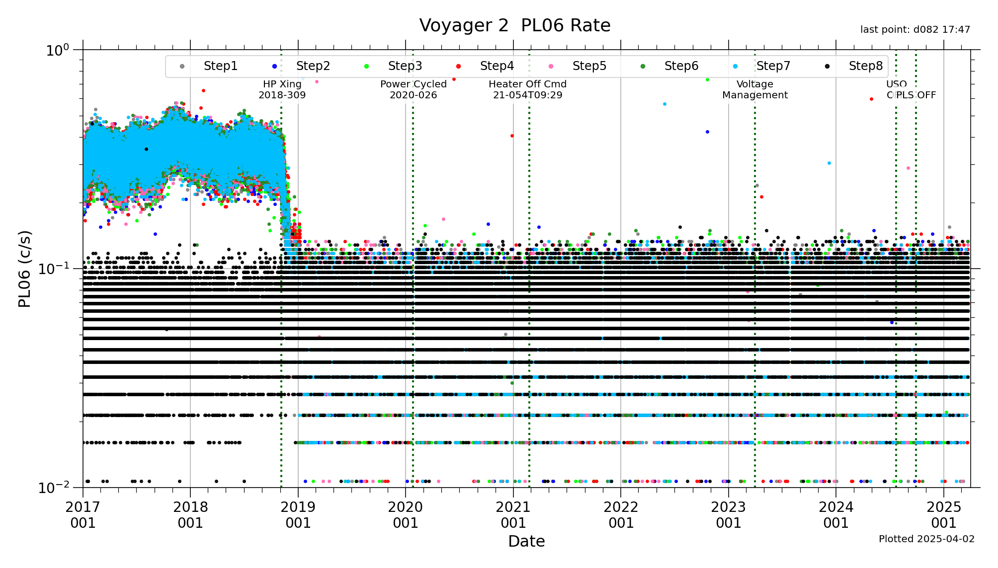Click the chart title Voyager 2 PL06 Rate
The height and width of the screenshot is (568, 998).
pos(514,25)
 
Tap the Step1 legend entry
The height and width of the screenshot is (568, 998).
pos(220,66)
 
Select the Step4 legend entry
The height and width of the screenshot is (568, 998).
pos(497,66)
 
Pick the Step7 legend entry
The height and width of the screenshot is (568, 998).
pos(773,66)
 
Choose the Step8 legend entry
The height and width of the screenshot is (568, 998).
pos(865,66)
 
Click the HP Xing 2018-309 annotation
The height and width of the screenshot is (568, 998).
pos(282,89)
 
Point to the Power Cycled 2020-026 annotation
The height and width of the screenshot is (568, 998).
pos(413,89)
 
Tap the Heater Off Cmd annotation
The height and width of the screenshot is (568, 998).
pos(527,89)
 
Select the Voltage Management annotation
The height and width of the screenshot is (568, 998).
pos(754,89)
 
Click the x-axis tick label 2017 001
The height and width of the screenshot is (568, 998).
pos(83,514)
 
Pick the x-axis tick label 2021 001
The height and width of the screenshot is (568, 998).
pos(513,514)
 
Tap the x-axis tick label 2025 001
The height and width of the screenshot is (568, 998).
pos(943,514)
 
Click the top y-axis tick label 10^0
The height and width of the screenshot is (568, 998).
pos(58,50)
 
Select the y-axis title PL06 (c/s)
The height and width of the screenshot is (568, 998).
pos(25,269)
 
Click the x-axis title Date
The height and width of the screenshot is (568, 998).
pos(526,541)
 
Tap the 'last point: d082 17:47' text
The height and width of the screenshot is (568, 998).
pos(915,30)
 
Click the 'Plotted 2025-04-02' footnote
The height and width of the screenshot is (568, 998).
pos(926,539)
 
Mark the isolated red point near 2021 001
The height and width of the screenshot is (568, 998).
pos(512,136)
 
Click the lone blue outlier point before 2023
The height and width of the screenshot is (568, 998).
pos(707,132)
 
